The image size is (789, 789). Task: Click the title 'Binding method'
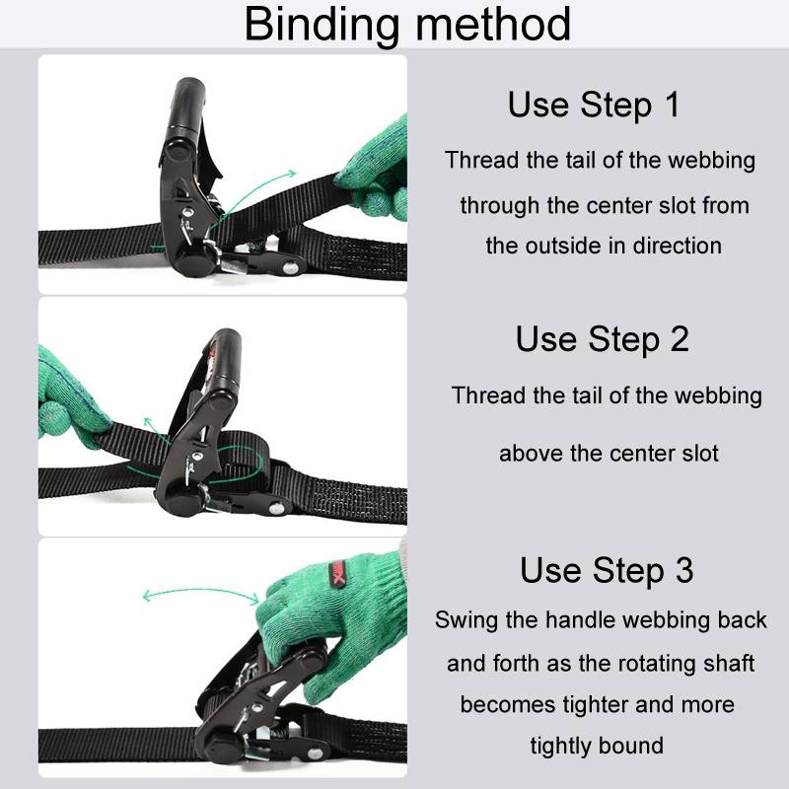pyautogui.click(x=407, y=24)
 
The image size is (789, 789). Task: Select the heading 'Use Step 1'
pyautogui.click(x=594, y=105)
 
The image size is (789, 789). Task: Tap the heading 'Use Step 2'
pyautogui.click(x=602, y=338)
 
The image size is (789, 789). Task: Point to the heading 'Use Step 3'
pyautogui.click(x=607, y=570)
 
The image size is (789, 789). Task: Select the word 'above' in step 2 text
pyautogui.click(x=532, y=454)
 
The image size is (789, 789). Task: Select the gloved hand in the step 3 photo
pyautogui.click(x=325, y=611)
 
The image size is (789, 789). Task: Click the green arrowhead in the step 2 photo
pyautogui.click(x=148, y=423)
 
